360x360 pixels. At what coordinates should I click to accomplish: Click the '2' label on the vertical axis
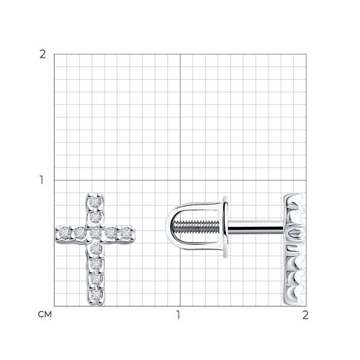(42, 55)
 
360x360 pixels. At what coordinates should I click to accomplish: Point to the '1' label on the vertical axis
(42, 180)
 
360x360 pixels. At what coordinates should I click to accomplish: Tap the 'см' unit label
(45, 315)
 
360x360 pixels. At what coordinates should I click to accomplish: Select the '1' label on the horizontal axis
(178, 315)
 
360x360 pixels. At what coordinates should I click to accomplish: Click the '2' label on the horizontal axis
(305, 315)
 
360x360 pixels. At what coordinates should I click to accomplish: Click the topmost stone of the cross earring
(96, 202)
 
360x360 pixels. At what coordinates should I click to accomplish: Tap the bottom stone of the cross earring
(96, 294)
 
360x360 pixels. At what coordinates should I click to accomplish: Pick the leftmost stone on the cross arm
(64, 233)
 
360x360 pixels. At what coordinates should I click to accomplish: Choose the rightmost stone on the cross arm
(125, 233)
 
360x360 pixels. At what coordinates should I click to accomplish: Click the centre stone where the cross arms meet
(96, 233)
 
